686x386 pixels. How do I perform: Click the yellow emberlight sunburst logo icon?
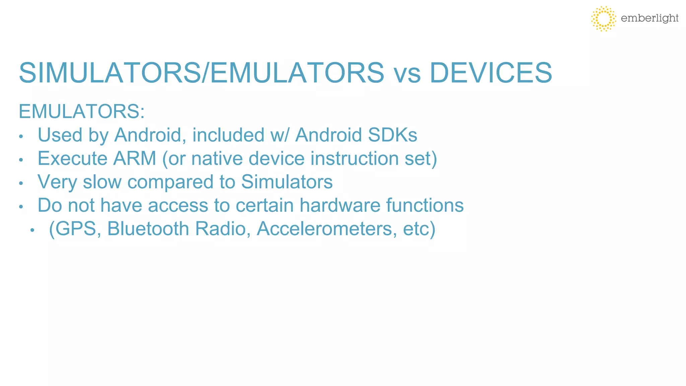point(603,18)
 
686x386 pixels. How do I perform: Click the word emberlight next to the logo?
point(649,18)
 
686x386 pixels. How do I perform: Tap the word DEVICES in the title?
point(490,73)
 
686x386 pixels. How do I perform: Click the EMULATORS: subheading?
point(82,112)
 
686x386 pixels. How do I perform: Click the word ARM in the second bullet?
point(135,158)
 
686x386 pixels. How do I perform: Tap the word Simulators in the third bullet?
point(287,182)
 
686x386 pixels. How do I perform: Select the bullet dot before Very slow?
point(21,184)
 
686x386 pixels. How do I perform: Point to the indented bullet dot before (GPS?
point(32,231)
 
